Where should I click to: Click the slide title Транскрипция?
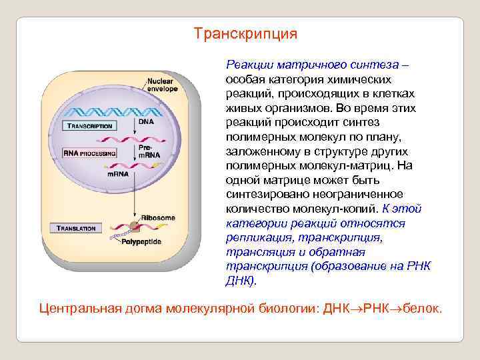tap(245, 33)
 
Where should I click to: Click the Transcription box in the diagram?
tap(89, 126)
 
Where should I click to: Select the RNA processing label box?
tap(89, 153)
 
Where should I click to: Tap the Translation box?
tap(77, 228)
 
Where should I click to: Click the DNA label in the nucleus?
tap(146, 122)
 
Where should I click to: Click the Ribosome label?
tap(158, 218)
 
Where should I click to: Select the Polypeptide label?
tap(141, 242)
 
